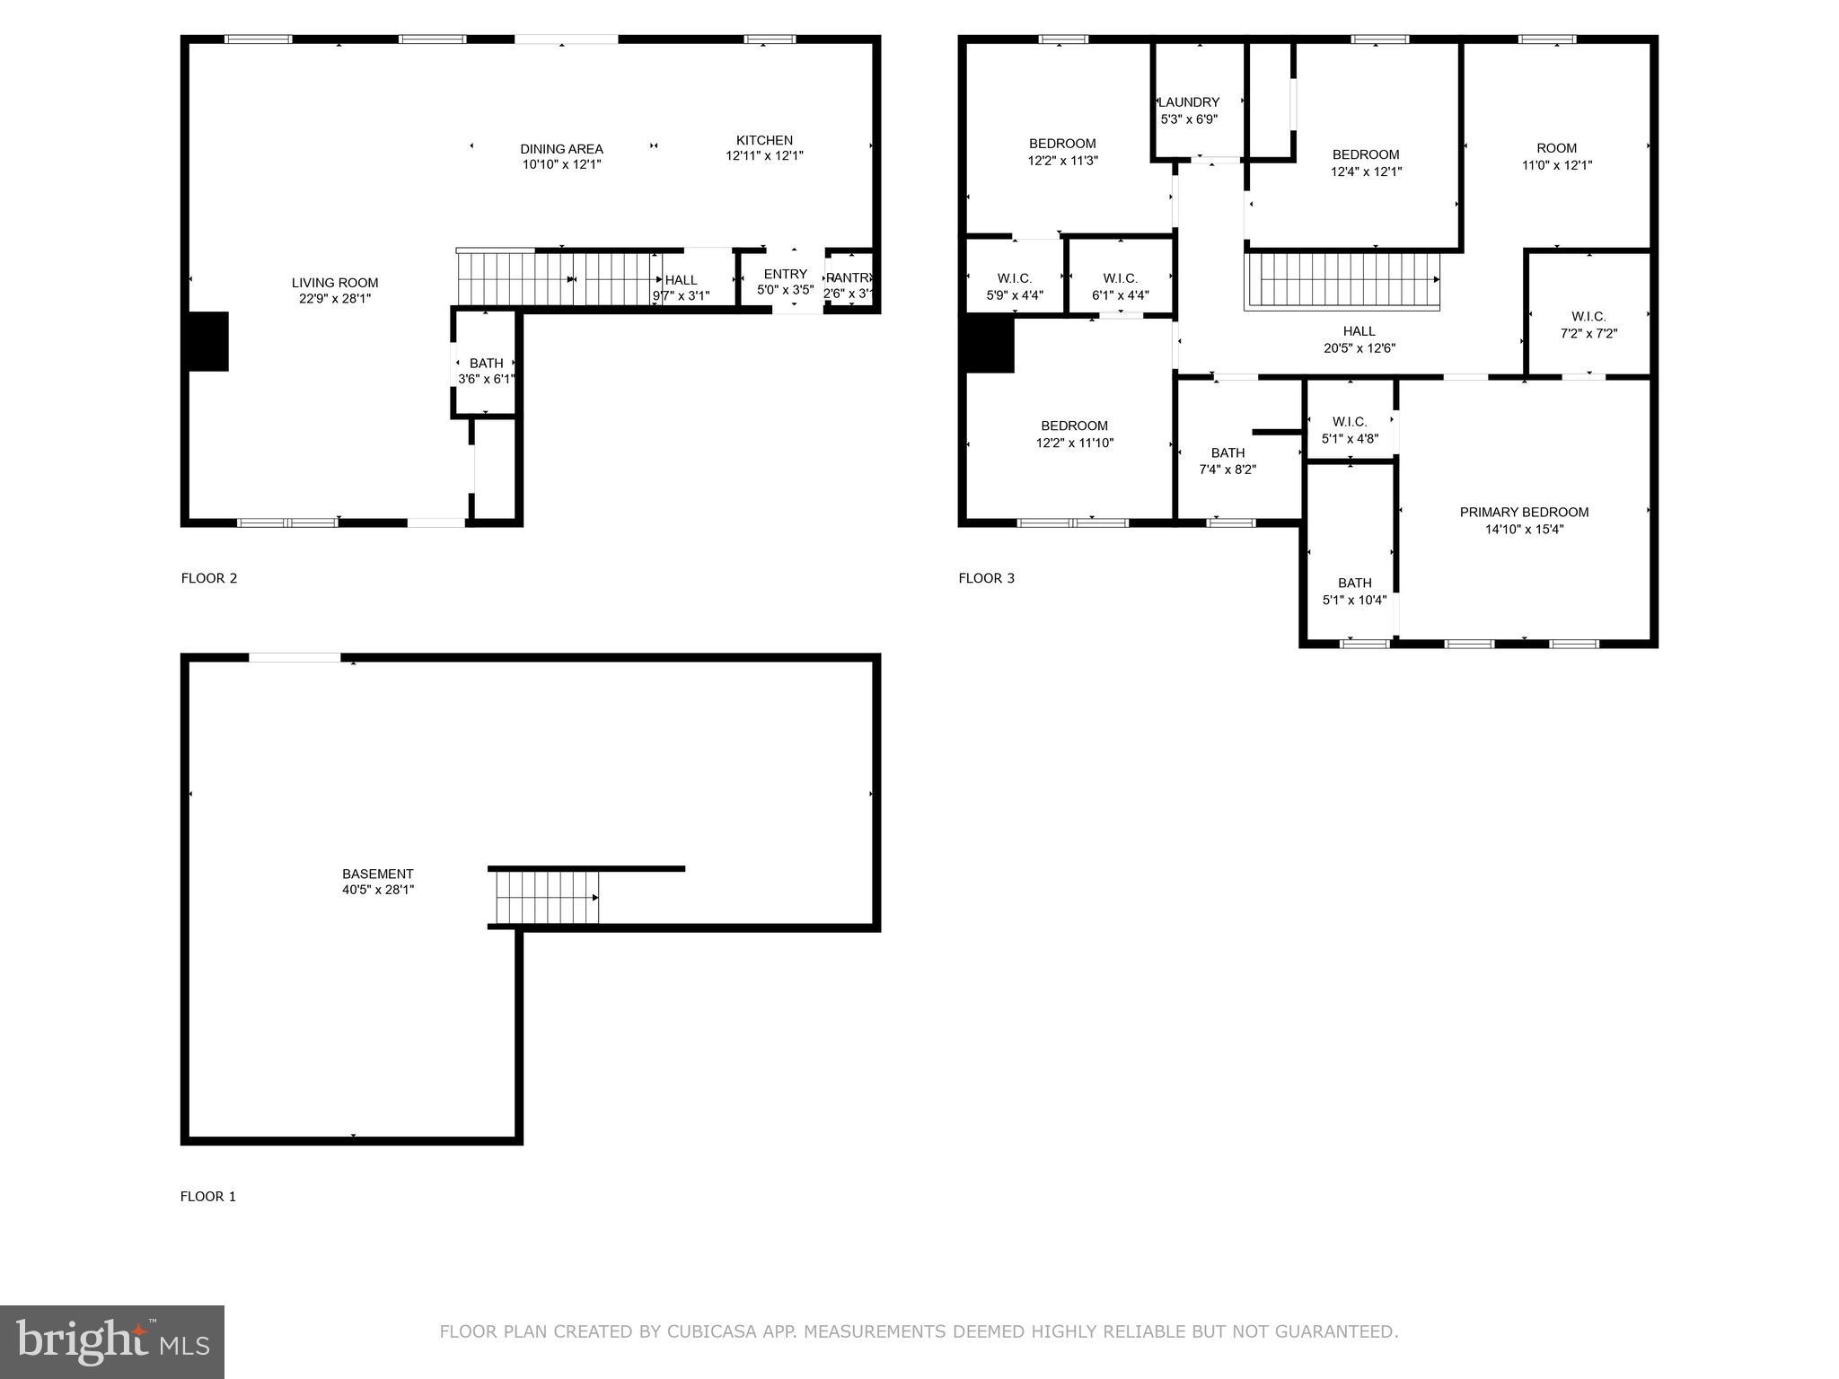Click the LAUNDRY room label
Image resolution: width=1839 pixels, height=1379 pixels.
[x=1189, y=102]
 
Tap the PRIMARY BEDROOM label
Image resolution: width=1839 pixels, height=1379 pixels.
[x=1524, y=513]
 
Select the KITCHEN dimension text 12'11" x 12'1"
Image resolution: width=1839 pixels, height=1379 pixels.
[x=764, y=156]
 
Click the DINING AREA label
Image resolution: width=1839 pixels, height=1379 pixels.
[x=561, y=149]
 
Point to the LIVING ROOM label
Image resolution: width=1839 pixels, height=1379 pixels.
[x=335, y=283]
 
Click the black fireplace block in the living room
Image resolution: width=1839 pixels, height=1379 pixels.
[x=208, y=341]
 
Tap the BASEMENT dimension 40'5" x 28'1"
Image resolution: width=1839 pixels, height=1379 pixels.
[x=378, y=890]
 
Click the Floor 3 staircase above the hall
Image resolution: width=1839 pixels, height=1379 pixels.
[x=1342, y=281]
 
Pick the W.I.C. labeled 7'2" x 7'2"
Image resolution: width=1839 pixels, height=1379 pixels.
[x=1588, y=324]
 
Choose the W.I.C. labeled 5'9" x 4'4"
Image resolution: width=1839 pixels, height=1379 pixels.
[x=1015, y=286]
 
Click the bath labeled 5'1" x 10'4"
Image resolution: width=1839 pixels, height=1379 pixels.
[x=1354, y=591]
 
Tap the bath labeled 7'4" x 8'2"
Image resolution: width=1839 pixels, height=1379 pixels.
[x=1227, y=461]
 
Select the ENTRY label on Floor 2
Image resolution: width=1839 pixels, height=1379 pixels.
[x=785, y=274]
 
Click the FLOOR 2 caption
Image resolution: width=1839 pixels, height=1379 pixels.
[x=209, y=578]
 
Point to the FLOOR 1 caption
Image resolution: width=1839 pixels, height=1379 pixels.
[x=208, y=1197]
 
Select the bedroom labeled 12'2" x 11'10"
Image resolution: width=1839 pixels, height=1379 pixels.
[x=1074, y=434]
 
